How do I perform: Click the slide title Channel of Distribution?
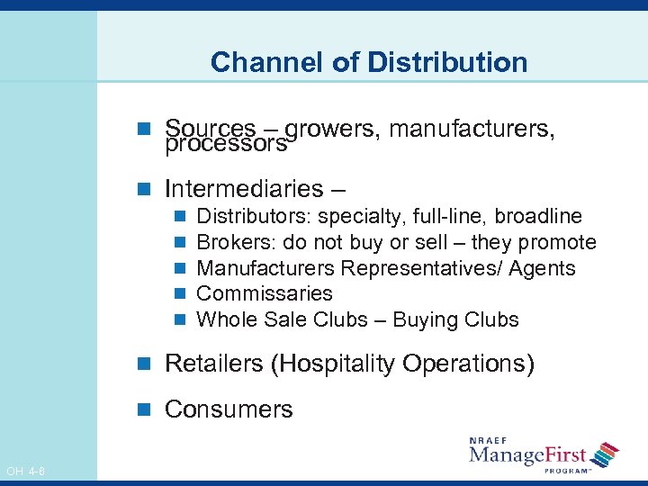[369, 62]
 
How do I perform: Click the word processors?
[226, 144]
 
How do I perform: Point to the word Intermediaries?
[244, 189]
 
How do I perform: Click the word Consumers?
[229, 409]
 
